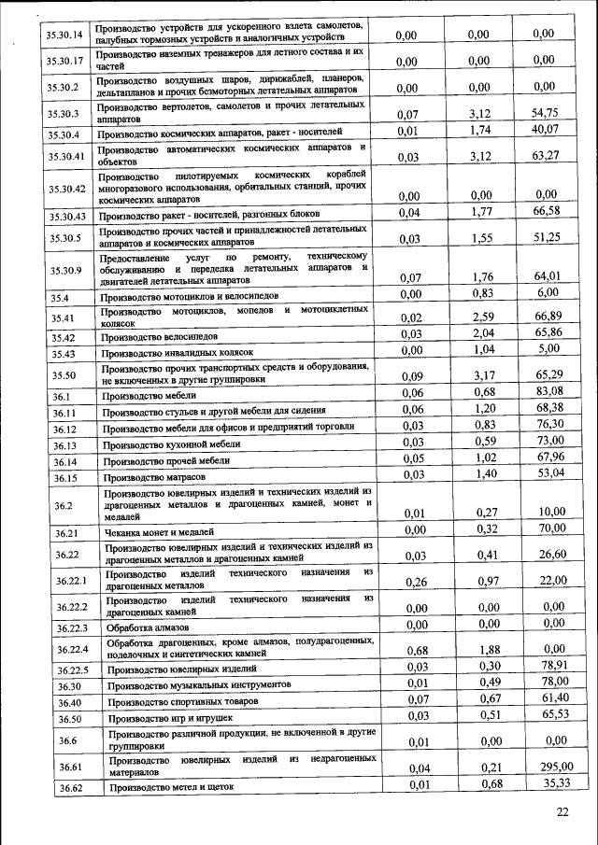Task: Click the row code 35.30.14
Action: [65, 35]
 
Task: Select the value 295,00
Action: [552, 768]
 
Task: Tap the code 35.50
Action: [63, 375]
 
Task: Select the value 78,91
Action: [550, 666]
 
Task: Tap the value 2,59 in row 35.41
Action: [482, 317]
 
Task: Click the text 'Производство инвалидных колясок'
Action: [177, 353]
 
